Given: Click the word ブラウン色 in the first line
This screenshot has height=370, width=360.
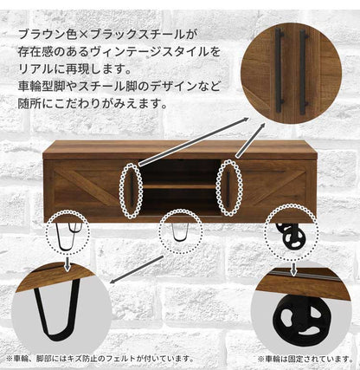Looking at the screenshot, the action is click(x=47, y=35).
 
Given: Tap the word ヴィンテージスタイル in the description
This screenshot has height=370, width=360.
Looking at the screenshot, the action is click(x=147, y=52).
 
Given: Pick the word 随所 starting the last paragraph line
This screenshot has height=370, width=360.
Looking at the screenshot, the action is click(x=29, y=104).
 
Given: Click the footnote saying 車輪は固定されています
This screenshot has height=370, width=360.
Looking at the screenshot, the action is click(x=305, y=359).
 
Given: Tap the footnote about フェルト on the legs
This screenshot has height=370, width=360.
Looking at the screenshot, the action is click(x=100, y=359).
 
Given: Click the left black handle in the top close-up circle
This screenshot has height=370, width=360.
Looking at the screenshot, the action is click(x=279, y=71).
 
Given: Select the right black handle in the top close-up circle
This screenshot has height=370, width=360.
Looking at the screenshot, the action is click(x=303, y=72).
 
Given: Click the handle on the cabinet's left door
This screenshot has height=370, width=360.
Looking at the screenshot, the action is click(x=132, y=191).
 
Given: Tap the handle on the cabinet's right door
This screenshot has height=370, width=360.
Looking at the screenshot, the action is click(x=228, y=190).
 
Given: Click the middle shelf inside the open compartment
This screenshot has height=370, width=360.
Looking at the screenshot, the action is click(x=179, y=186).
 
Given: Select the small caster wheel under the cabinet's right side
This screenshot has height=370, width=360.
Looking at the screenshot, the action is click(x=292, y=237).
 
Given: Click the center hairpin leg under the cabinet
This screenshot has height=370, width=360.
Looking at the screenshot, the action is click(x=180, y=232).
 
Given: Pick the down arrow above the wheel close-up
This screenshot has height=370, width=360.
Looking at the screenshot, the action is click(x=293, y=269).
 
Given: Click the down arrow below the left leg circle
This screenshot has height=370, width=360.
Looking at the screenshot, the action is click(x=67, y=263).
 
